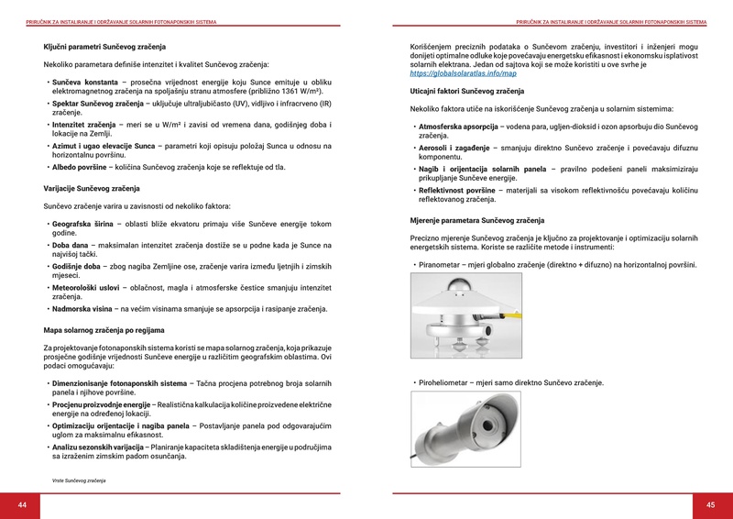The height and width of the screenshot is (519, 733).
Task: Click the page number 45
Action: click(x=710, y=505)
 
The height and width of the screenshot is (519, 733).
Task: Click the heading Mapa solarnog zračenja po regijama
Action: click(x=104, y=329)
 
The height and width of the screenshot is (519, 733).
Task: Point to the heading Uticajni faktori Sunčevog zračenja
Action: click(x=466, y=92)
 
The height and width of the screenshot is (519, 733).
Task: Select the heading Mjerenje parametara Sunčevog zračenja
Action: click(x=476, y=221)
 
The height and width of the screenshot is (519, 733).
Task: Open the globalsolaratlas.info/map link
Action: click(x=463, y=73)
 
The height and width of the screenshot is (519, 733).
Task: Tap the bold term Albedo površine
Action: click(x=80, y=168)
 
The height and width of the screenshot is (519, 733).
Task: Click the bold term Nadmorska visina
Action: click(x=82, y=309)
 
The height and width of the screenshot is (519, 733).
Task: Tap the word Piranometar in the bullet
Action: click(x=442, y=265)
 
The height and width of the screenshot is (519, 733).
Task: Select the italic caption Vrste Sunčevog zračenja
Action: click(x=79, y=480)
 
